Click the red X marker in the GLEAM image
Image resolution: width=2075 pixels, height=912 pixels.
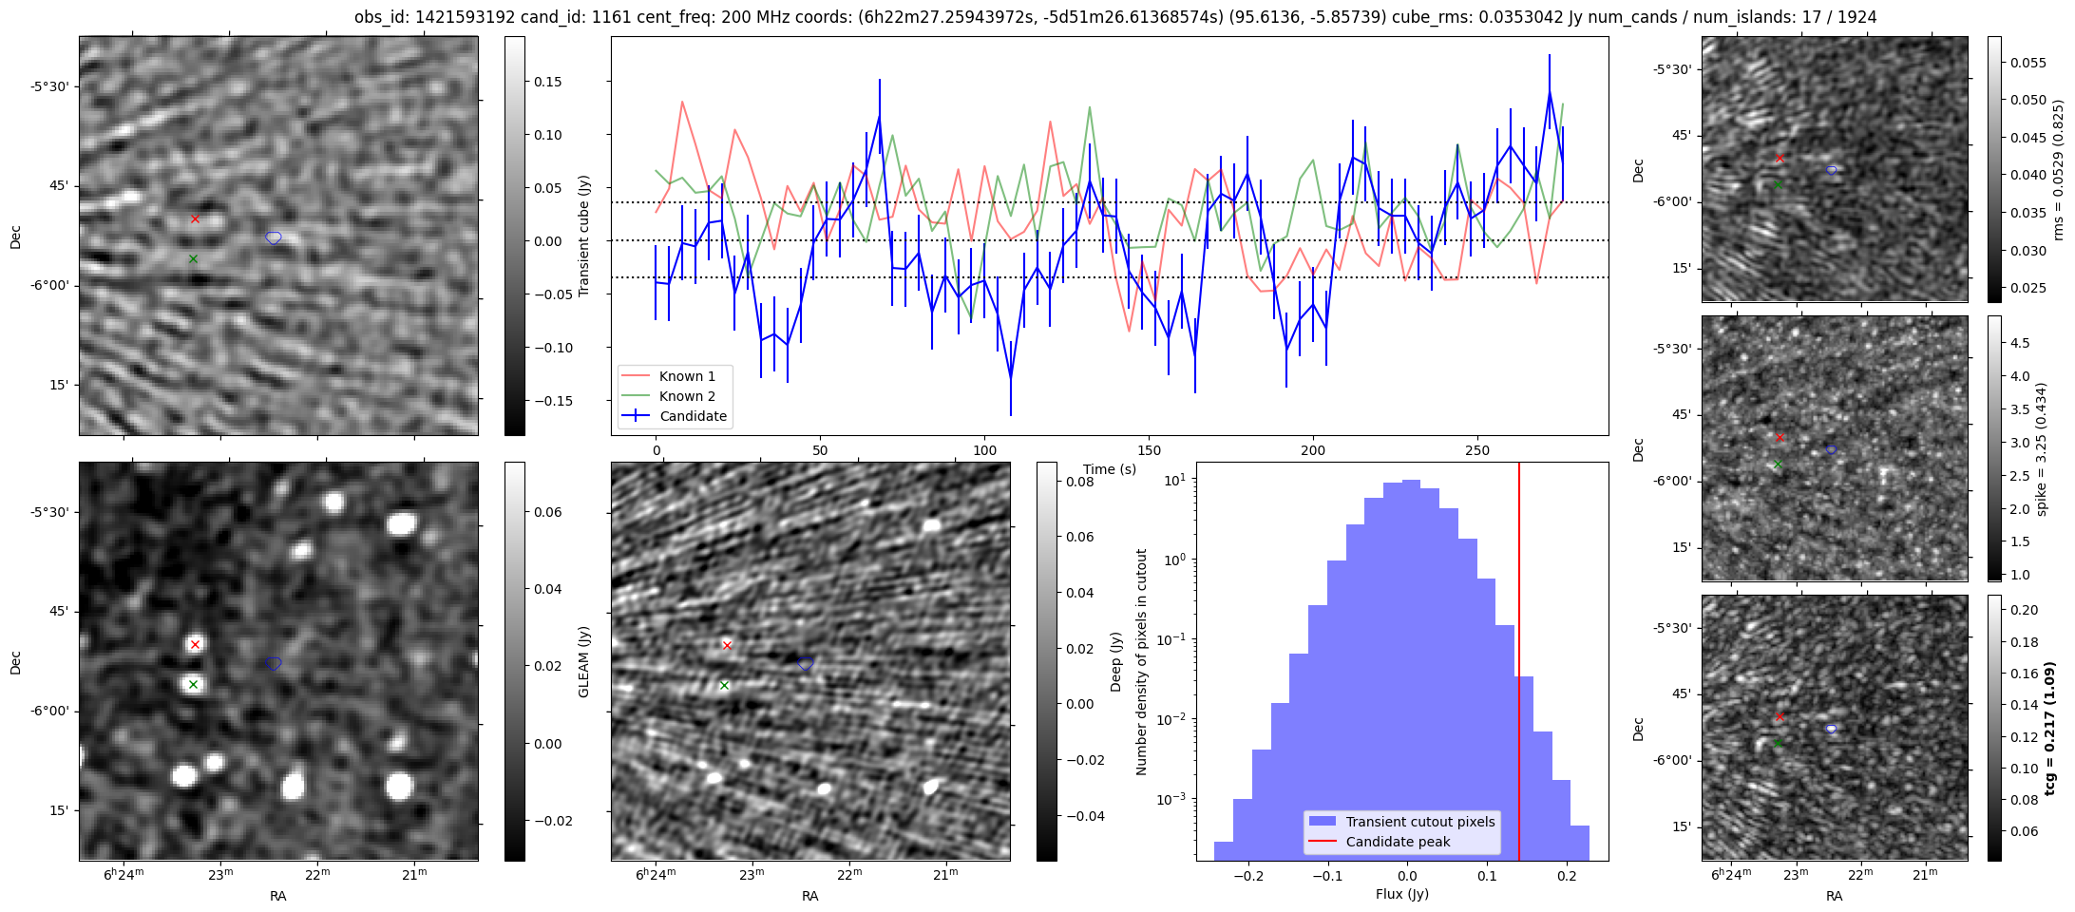point(195,644)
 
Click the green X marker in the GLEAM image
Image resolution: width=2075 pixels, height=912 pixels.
point(193,684)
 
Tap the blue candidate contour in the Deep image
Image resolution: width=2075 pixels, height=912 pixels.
point(806,663)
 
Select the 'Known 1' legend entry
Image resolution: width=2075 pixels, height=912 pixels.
point(687,376)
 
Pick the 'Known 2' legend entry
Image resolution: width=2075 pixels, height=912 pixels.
point(687,396)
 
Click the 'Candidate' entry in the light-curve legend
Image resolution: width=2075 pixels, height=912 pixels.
point(693,416)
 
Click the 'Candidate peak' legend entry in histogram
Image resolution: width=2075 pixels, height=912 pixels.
point(1398,842)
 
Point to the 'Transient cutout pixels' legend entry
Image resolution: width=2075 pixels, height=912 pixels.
point(1419,822)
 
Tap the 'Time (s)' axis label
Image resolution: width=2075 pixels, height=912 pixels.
point(1110,469)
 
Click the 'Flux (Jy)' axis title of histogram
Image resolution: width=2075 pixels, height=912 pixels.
point(1401,894)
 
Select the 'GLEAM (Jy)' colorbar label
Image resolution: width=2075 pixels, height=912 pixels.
point(584,661)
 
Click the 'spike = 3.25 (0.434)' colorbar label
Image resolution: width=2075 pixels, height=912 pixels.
point(2042,448)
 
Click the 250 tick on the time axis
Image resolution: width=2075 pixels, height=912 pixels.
point(1477,450)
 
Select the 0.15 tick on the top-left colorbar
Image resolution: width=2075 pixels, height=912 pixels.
point(548,82)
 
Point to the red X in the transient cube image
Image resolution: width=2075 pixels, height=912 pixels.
point(195,218)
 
